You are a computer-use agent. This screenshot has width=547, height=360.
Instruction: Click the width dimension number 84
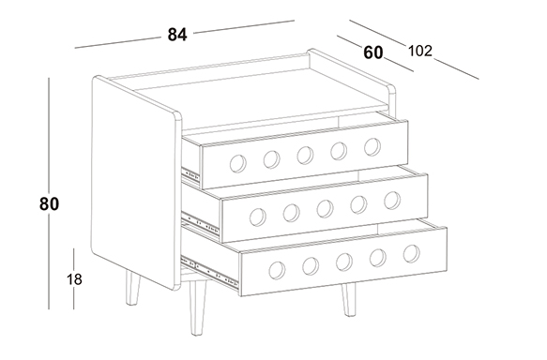click(177, 35)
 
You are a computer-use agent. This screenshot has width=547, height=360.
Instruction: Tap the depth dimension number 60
click(372, 52)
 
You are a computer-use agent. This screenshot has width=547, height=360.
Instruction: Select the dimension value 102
click(420, 51)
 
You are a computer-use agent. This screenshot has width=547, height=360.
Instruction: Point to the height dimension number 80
click(49, 203)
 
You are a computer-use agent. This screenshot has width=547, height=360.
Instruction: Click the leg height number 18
click(74, 279)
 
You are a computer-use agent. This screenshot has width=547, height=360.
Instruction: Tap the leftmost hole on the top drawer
click(238, 163)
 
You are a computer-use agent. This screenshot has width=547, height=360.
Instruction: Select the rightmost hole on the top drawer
click(372, 146)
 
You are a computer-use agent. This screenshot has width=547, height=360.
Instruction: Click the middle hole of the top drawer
click(305, 155)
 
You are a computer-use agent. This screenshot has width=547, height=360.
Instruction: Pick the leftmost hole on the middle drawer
click(258, 217)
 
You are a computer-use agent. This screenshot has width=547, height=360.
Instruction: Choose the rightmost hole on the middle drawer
click(392, 201)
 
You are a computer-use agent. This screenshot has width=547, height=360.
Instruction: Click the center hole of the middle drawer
click(325, 209)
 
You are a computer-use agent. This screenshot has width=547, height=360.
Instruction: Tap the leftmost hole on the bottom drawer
click(277, 270)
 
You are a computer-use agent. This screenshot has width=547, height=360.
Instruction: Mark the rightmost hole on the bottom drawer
click(412, 254)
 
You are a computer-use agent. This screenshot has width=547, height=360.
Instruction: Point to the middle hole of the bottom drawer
click(344, 262)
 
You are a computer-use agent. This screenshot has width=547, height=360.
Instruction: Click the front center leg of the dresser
click(197, 307)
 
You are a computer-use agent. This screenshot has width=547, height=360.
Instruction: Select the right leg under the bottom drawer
click(349, 299)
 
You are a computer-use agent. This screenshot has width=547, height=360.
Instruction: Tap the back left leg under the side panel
click(132, 288)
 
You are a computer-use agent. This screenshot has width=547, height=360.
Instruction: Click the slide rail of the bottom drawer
click(209, 273)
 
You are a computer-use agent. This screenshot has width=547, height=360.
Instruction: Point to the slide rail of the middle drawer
click(200, 223)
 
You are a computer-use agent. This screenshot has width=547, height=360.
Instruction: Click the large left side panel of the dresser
click(136, 183)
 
